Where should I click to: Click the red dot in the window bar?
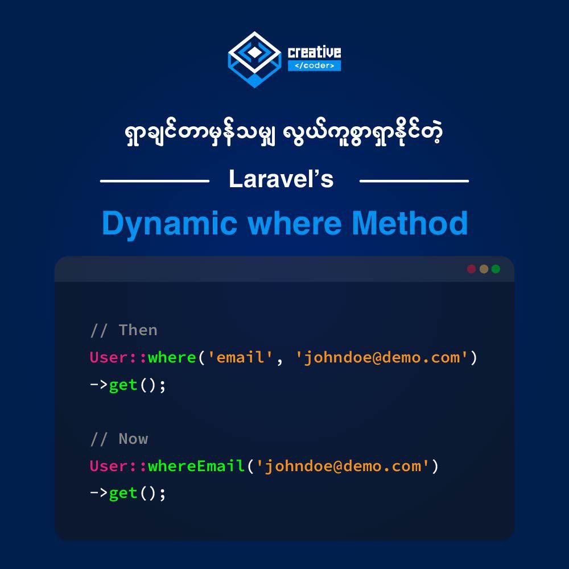pyautogui.click(x=471, y=269)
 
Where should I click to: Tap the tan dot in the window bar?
pyautogui.click(x=484, y=269)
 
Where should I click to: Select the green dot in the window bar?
pyautogui.click(x=496, y=269)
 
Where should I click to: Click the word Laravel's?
pyautogui.click(x=281, y=179)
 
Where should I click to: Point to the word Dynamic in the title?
pyautogui.click(x=170, y=224)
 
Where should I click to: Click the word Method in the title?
pyautogui.click(x=410, y=222)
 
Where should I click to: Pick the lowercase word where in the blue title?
pyautogui.click(x=294, y=223)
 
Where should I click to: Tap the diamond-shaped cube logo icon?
pyautogui.click(x=254, y=60)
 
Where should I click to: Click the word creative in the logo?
pyautogui.click(x=314, y=52)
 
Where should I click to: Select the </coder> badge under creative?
pyautogui.click(x=314, y=65)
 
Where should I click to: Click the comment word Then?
pyautogui.click(x=138, y=330)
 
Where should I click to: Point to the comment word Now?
pyautogui.click(x=133, y=439)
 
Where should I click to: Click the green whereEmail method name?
pyautogui.click(x=196, y=466)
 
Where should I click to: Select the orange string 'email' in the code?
pyautogui.click(x=240, y=357)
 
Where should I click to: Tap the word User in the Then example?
pyautogui.click(x=109, y=357)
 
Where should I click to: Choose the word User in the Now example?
pyautogui.click(x=109, y=466)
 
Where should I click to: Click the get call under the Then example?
pyautogui.click(x=123, y=385)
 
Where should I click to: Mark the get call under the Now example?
pyautogui.click(x=123, y=494)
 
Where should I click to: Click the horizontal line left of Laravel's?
pyautogui.click(x=155, y=181)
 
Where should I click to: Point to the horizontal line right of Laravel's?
pyautogui.click(x=414, y=181)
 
